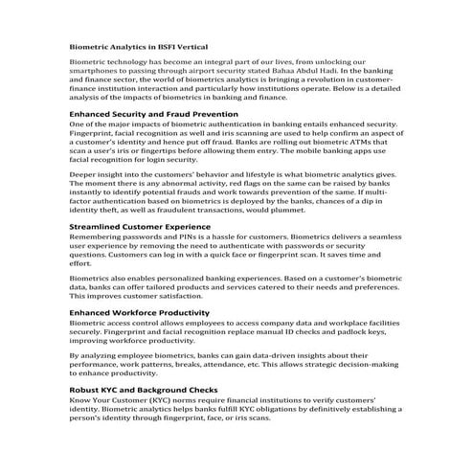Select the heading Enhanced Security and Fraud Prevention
[x=154, y=114]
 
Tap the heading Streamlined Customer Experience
[x=140, y=226]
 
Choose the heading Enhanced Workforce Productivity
[x=140, y=312]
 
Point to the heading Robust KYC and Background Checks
[x=144, y=390]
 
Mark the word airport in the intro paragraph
[x=208, y=70]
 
